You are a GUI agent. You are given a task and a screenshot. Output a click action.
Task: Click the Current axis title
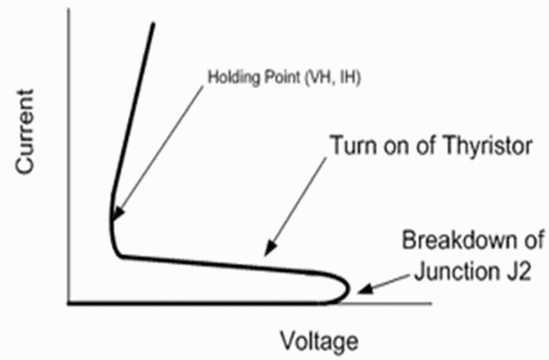(x=26, y=132)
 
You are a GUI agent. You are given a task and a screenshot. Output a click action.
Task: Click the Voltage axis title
(x=319, y=341)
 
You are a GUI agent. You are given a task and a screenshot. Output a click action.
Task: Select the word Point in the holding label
(x=282, y=77)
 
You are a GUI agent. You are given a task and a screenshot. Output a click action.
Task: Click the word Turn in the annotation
(x=355, y=145)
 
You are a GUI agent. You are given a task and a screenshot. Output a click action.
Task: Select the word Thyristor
(x=485, y=147)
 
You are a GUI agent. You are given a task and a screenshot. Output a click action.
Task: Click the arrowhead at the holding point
(x=118, y=214)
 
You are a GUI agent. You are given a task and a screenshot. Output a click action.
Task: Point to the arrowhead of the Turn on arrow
(x=270, y=248)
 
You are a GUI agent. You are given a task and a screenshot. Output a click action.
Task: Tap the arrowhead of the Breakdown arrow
(x=364, y=289)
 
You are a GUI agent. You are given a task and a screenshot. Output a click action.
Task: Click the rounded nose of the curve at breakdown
(x=348, y=290)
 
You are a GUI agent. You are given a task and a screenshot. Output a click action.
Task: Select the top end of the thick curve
(x=153, y=24)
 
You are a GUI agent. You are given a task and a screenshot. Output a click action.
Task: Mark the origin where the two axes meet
(x=69, y=303)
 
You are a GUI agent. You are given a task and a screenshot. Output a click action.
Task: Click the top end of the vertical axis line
(x=69, y=9)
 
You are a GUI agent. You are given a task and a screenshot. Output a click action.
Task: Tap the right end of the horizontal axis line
(x=432, y=303)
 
